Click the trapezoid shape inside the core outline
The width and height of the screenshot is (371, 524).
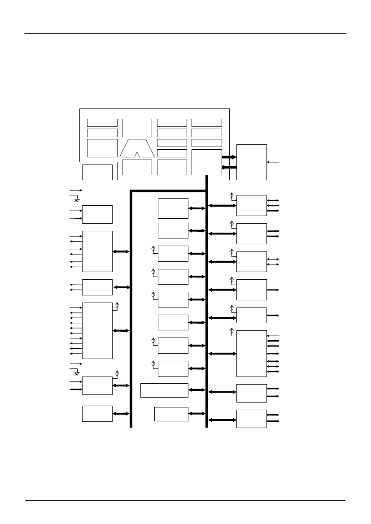point(137,147)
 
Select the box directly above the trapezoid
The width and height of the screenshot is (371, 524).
point(137,128)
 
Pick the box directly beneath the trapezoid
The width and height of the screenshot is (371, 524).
point(137,167)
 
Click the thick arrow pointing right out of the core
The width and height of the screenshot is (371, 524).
point(229,157)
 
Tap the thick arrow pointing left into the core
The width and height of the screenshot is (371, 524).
point(229,167)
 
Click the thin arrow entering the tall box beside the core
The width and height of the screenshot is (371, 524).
point(274,162)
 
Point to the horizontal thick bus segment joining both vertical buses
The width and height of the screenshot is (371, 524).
point(168,191)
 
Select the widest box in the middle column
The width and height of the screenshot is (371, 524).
point(164,390)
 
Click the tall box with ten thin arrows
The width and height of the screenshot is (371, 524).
point(97,330)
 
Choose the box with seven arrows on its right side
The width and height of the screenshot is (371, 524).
point(251,354)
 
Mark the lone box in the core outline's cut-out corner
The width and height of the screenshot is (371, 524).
point(97,172)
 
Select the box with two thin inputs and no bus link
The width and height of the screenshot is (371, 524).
point(97,214)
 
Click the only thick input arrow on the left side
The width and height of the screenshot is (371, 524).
point(75,389)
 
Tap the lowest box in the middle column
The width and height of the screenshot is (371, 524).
point(171,414)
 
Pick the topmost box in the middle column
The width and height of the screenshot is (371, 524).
point(173,208)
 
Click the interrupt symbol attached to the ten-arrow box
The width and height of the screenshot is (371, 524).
point(117,306)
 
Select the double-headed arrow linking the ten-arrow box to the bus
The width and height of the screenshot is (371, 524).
point(121,330)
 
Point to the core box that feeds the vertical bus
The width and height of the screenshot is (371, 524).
point(206,162)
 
